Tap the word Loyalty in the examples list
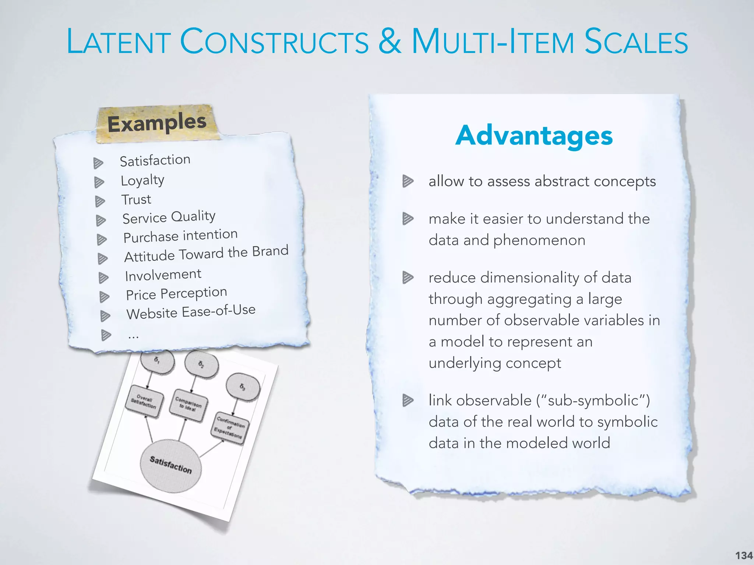142,180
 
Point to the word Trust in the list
136,200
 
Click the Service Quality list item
169,217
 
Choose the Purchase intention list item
180,236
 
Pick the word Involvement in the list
163,275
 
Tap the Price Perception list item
176,294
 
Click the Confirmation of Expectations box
229,428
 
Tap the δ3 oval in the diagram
243,387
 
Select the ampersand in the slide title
390,41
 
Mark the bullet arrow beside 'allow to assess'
408,181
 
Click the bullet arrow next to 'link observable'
408,400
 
